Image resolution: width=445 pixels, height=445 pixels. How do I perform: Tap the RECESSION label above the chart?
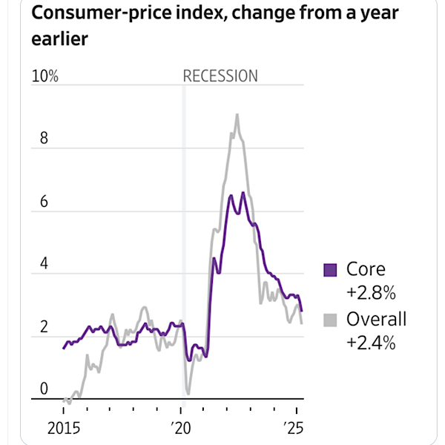[x=220, y=76]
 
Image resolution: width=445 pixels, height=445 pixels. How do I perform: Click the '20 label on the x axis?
[x=180, y=429]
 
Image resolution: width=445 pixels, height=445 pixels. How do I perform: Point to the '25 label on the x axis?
[x=295, y=429]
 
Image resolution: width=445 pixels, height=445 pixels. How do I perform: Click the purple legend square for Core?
[x=330, y=270]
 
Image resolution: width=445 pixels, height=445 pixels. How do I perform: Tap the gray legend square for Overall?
[x=330, y=320]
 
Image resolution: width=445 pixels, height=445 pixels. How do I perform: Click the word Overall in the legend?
[x=377, y=320]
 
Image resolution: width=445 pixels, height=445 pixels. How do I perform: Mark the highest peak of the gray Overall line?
[x=237, y=115]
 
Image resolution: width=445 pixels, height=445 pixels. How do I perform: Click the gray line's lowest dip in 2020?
[x=188, y=392]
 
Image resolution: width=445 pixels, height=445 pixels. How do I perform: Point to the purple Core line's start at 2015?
[x=64, y=348]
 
